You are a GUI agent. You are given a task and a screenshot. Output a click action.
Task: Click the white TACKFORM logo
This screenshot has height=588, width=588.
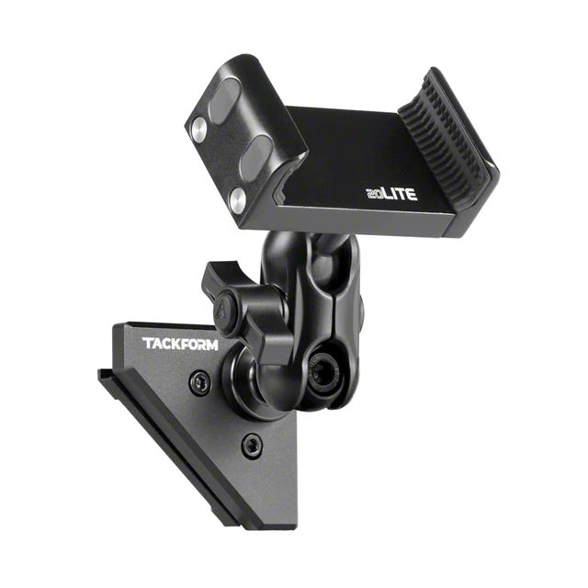click(x=180, y=344)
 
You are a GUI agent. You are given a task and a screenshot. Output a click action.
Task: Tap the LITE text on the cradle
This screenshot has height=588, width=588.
click(x=401, y=194)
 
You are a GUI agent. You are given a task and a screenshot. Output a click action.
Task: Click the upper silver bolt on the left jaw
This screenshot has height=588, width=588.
click(x=198, y=130)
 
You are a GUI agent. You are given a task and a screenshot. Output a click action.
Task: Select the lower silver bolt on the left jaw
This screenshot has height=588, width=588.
click(x=238, y=199)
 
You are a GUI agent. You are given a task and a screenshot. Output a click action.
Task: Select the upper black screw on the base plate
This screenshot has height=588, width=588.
click(x=199, y=383)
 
